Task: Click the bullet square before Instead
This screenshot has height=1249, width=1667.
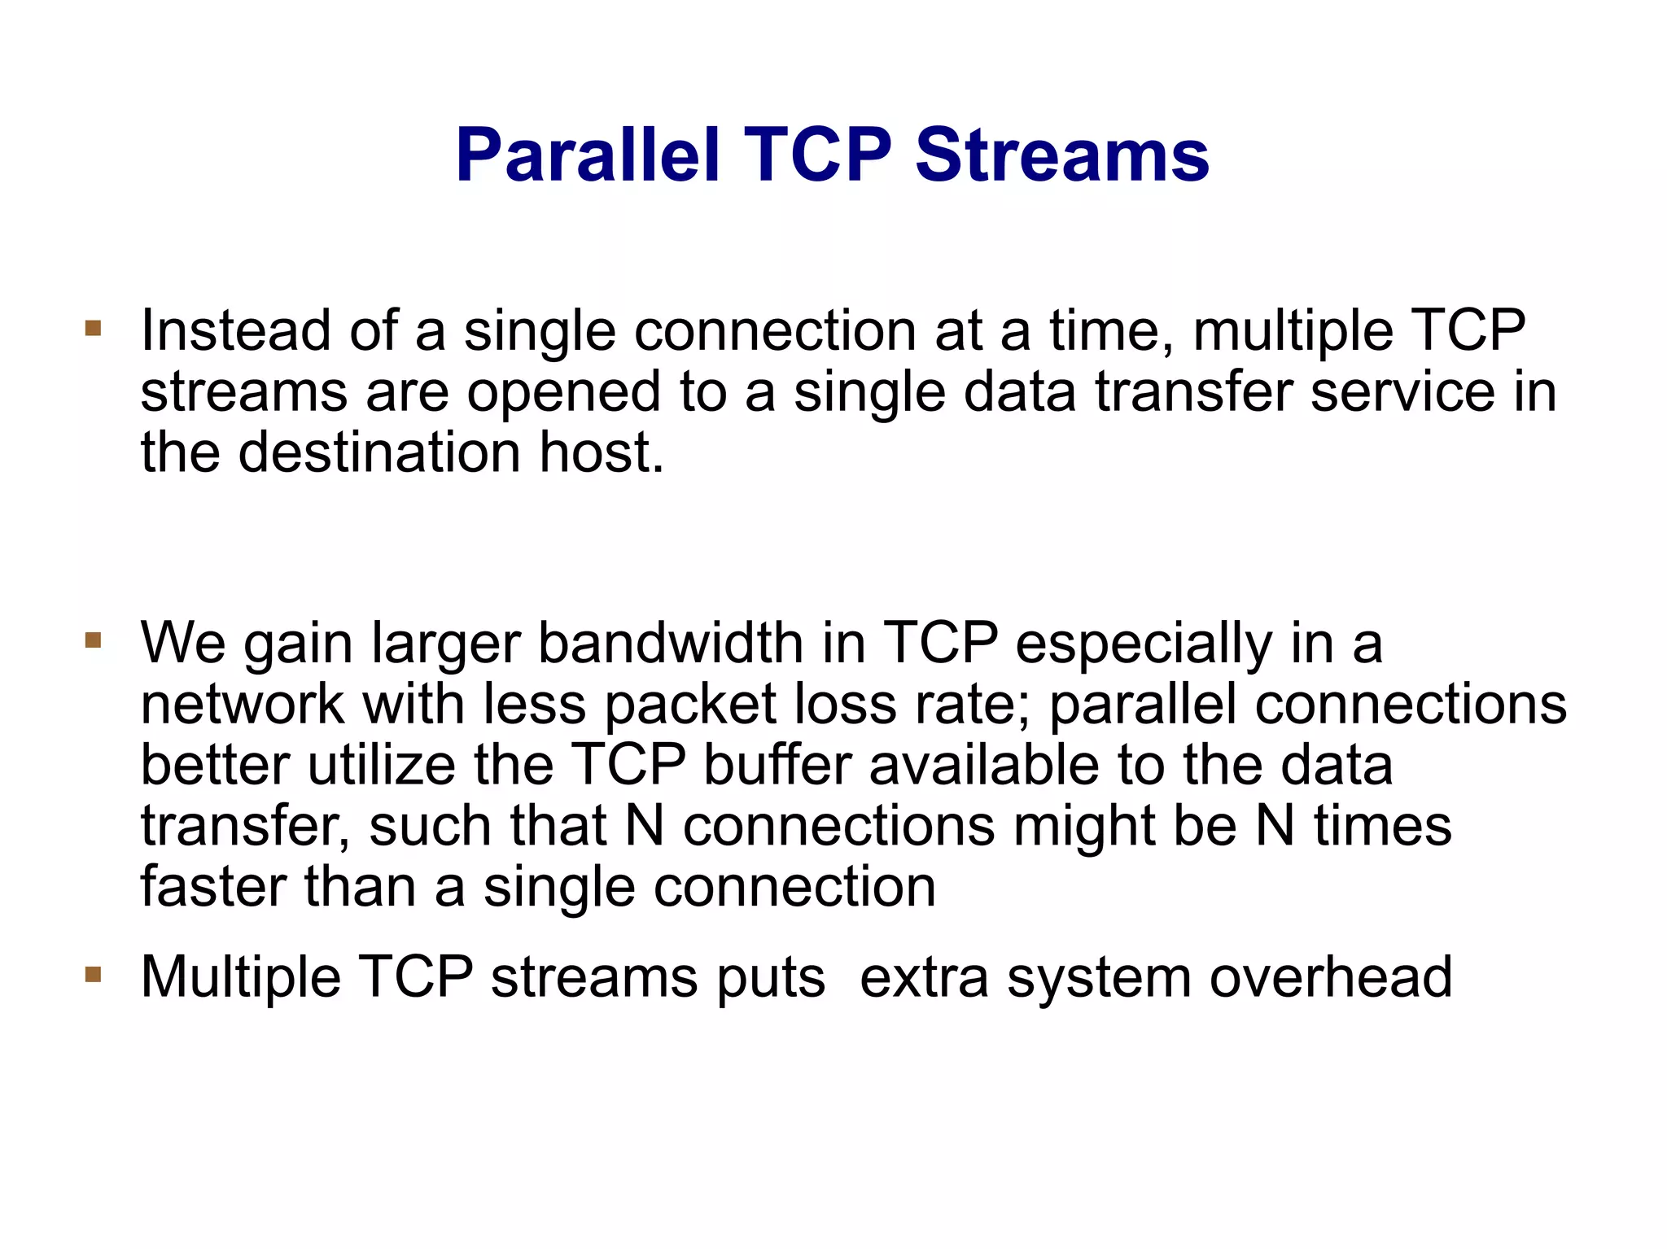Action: [x=93, y=329]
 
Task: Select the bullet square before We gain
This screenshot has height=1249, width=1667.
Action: [x=93, y=640]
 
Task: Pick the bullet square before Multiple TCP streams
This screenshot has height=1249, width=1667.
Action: [x=93, y=974]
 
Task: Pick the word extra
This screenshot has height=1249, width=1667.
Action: [x=924, y=976]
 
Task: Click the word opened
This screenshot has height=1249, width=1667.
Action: [x=562, y=393]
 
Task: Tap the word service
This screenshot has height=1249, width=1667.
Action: [x=1402, y=391]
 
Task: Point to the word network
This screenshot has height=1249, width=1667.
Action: [x=242, y=705]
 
